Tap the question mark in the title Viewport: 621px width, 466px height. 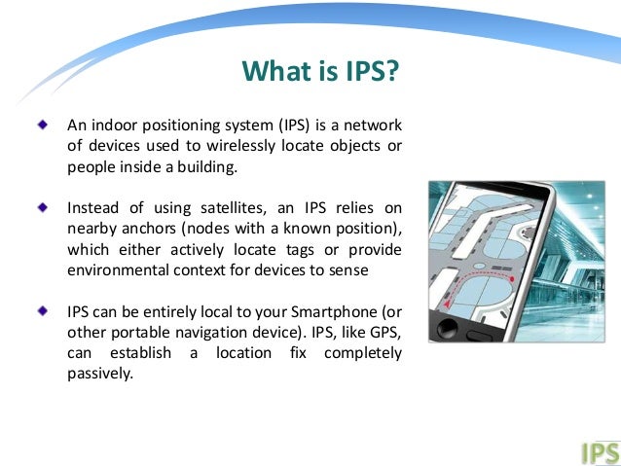(393, 72)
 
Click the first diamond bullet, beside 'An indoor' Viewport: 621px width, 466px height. (41, 125)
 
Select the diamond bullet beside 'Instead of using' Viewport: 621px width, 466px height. (41, 207)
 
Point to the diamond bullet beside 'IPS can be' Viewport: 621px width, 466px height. (41, 310)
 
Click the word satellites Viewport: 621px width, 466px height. (210, 208)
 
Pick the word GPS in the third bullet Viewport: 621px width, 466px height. (383, 332)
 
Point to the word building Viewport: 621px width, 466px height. (206, 167)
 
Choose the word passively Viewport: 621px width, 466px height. (98, 374)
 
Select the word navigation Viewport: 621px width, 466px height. (195, 332)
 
